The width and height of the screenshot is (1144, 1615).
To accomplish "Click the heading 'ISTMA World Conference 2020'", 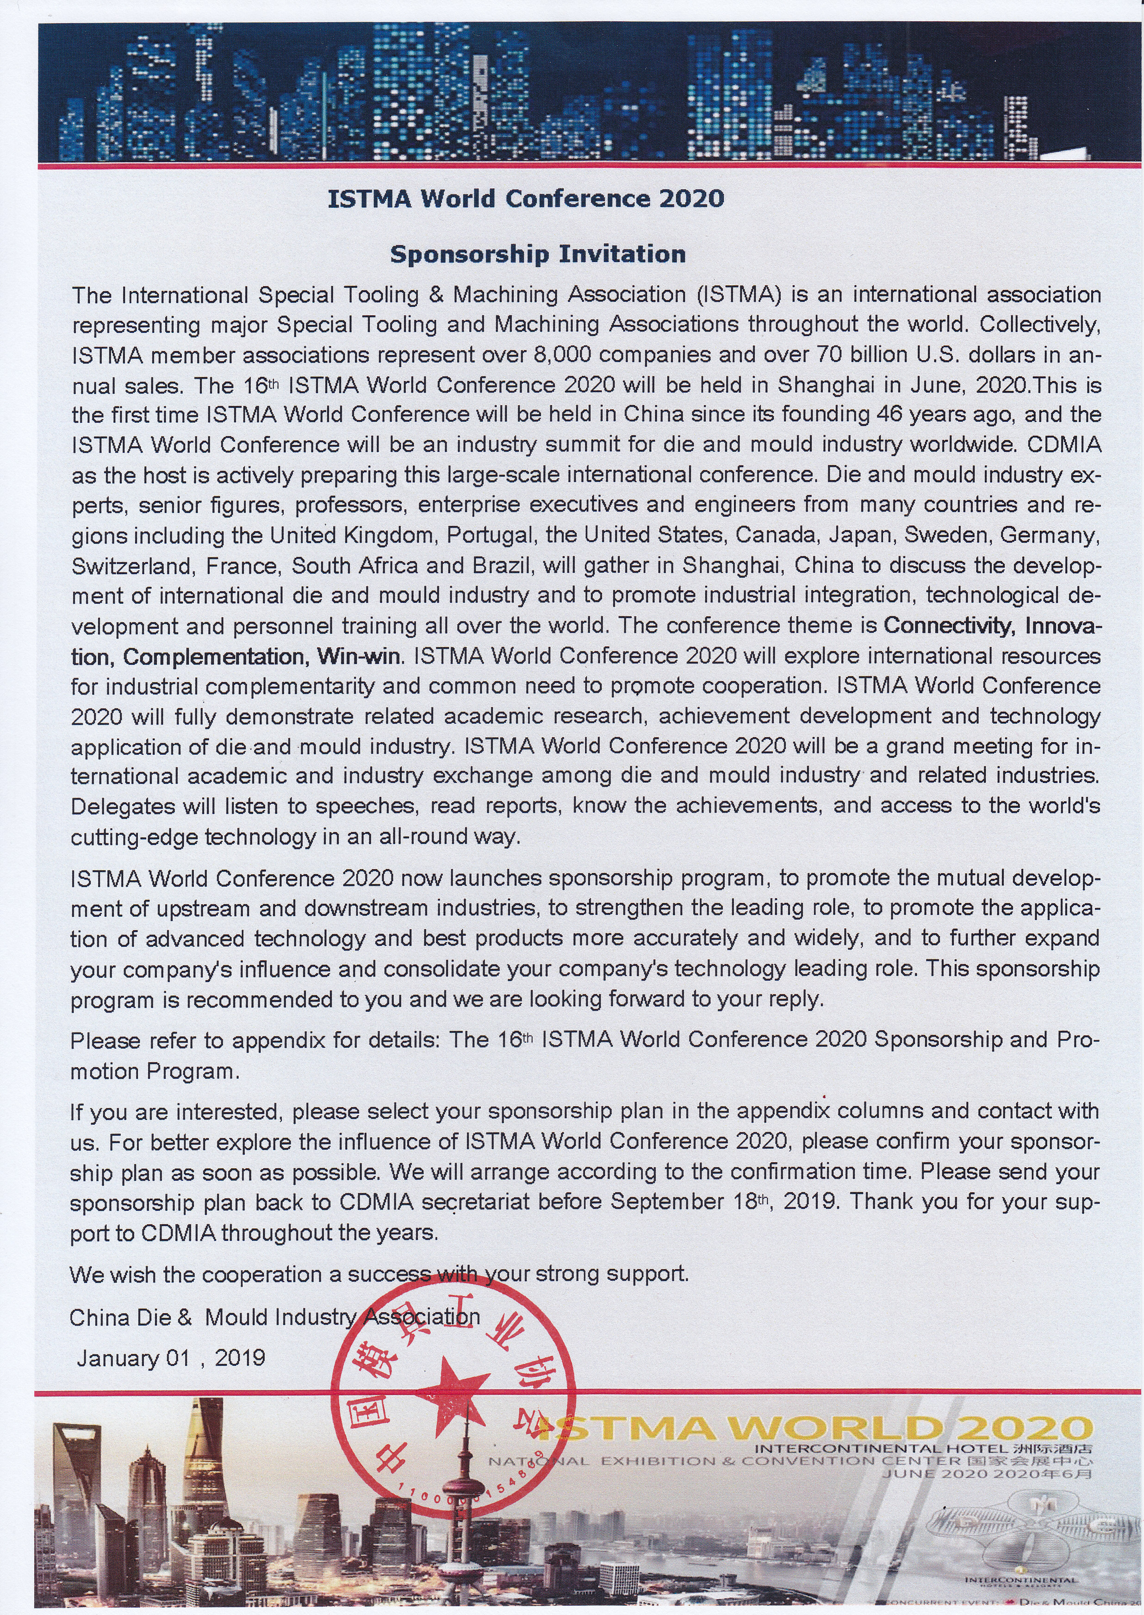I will pyautogui.click(x=526, y=199).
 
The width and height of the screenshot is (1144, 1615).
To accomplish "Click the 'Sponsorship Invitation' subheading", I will pyautogui.click(x=537, y=254).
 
